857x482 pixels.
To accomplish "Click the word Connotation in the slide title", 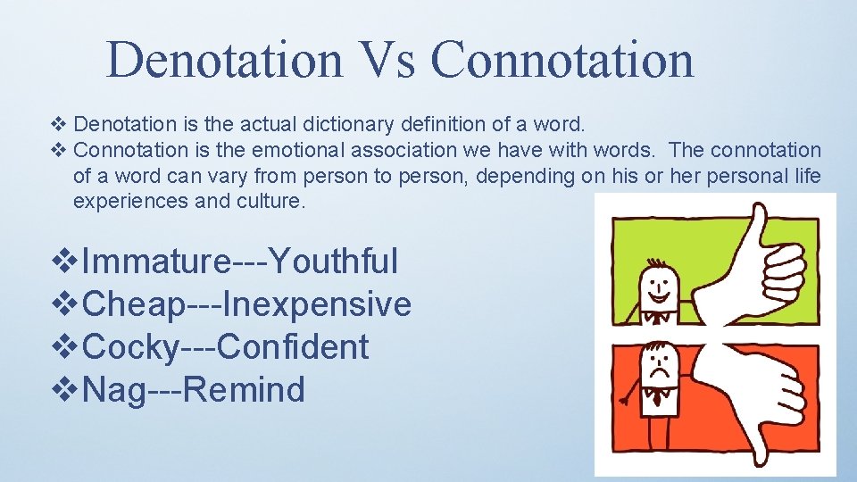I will [x=562, y=59].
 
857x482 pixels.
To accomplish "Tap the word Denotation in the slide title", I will [x=223, y=59].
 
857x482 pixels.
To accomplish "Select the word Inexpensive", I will [x=317, y=304].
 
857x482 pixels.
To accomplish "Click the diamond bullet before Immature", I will [x=66, y=262].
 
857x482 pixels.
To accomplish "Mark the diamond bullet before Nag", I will [x=66, y=390].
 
